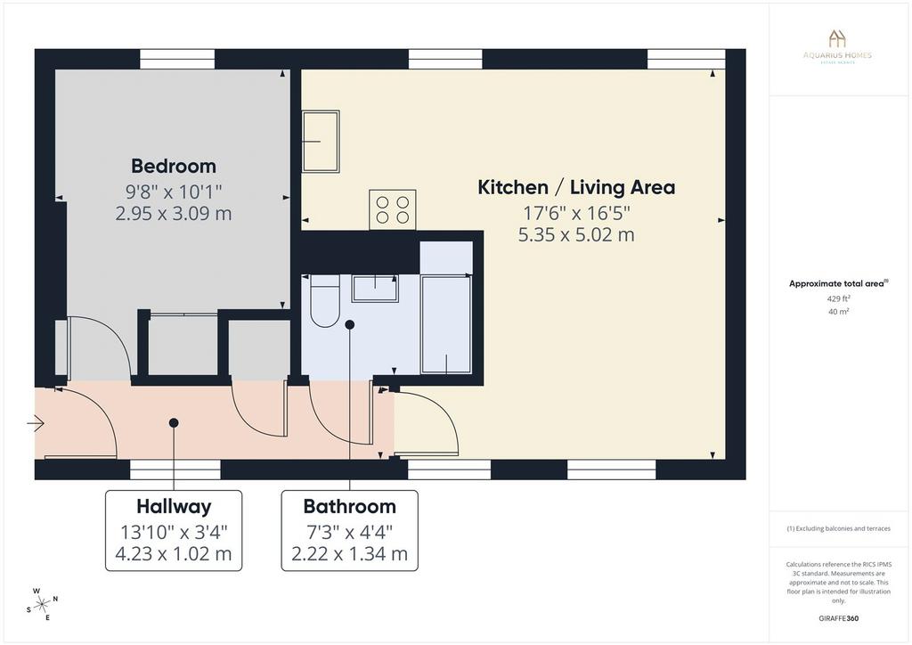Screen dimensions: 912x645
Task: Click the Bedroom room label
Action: point(174,167)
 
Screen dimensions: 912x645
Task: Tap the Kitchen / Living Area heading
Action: point(576,187)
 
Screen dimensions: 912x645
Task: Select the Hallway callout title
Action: point(174,507)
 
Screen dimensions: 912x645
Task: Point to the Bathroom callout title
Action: point(349,507)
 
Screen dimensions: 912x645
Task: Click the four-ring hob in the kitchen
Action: point(392,209)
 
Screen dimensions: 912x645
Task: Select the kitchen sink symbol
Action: point(321,142)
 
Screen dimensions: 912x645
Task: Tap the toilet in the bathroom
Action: point(324,301)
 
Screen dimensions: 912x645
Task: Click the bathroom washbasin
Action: point(375,288)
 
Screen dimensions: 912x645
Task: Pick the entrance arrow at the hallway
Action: point(36,423)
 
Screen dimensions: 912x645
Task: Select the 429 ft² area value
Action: point(837,298)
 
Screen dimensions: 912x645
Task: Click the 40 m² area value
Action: point(838,311)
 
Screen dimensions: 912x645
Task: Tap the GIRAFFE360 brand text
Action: point(838,618)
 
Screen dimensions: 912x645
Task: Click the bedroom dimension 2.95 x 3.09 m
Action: point(174,214)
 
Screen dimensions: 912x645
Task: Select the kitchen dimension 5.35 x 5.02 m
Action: point(576,235)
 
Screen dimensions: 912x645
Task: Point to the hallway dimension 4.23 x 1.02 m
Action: point(174,554)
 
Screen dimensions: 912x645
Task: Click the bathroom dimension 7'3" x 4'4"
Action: point(349,532)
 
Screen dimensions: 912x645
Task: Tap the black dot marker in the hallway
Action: point(174,423)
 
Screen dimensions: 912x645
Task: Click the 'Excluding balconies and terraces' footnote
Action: point(838,528)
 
